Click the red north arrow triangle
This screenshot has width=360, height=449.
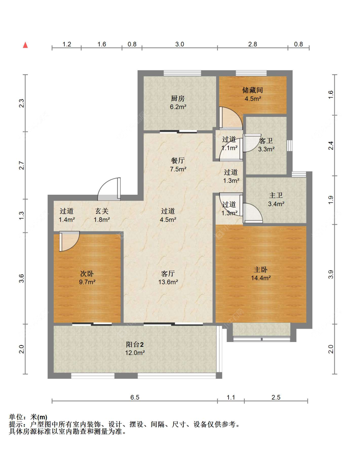[x=25, y=45]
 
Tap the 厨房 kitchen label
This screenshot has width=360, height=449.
[x=178, y=99]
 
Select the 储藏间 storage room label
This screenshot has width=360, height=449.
[x=252, y=90]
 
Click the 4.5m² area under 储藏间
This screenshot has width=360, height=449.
[x=253, y=99]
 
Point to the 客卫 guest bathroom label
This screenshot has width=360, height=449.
[x=266, y=141]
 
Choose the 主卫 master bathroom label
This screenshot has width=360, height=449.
[x=276, y=195]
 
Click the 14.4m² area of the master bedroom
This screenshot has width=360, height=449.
[x=261, y=278]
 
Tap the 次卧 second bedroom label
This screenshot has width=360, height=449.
[x=87, y=273]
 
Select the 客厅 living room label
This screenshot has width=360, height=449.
[x=168, y=273]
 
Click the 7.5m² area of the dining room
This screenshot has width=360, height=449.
[x=178, y=169]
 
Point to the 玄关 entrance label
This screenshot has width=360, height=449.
[x=102, y=211]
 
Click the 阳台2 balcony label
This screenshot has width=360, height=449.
[x=135, y=345]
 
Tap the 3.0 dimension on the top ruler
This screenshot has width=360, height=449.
[x=180, y=44]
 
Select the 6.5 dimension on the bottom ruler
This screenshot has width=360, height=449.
[x=135, y=397]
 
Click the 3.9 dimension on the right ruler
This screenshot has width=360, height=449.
[x=331, y=274]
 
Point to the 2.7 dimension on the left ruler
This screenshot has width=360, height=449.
[x=21, y=165]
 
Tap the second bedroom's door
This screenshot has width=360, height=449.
[x=69, y=241]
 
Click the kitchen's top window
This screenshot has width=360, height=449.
[x=182, y=73]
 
